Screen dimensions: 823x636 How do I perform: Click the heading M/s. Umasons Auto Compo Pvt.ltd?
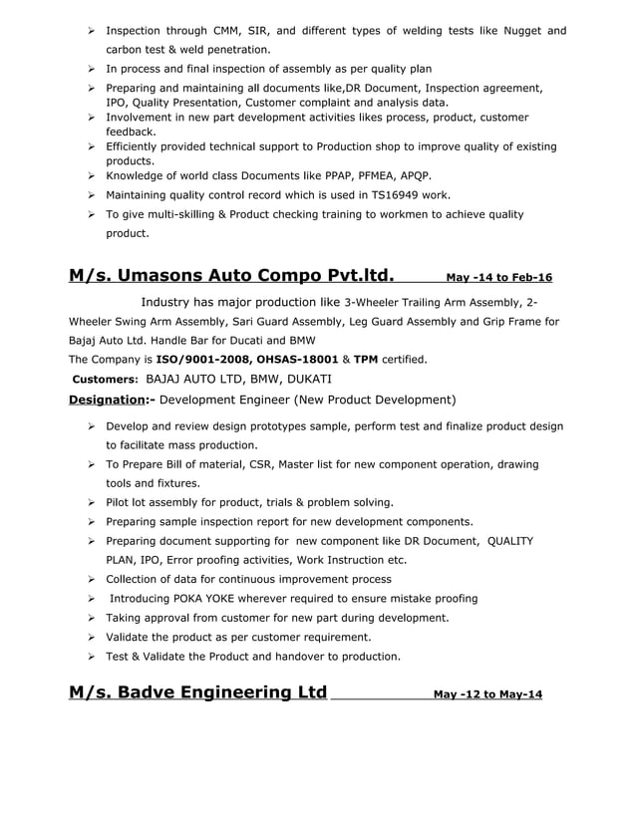click(x=230, y=275)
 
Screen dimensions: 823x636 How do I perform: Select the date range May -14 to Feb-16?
click(x=498, y=278)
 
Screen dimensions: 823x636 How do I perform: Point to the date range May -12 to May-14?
click(x=488, y=694)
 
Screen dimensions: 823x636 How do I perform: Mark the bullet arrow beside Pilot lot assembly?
click(x=91, y=502)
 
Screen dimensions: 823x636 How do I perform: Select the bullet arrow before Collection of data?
click(x=91, y=579)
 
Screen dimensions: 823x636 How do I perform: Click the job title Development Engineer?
click(x=223, y=400)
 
